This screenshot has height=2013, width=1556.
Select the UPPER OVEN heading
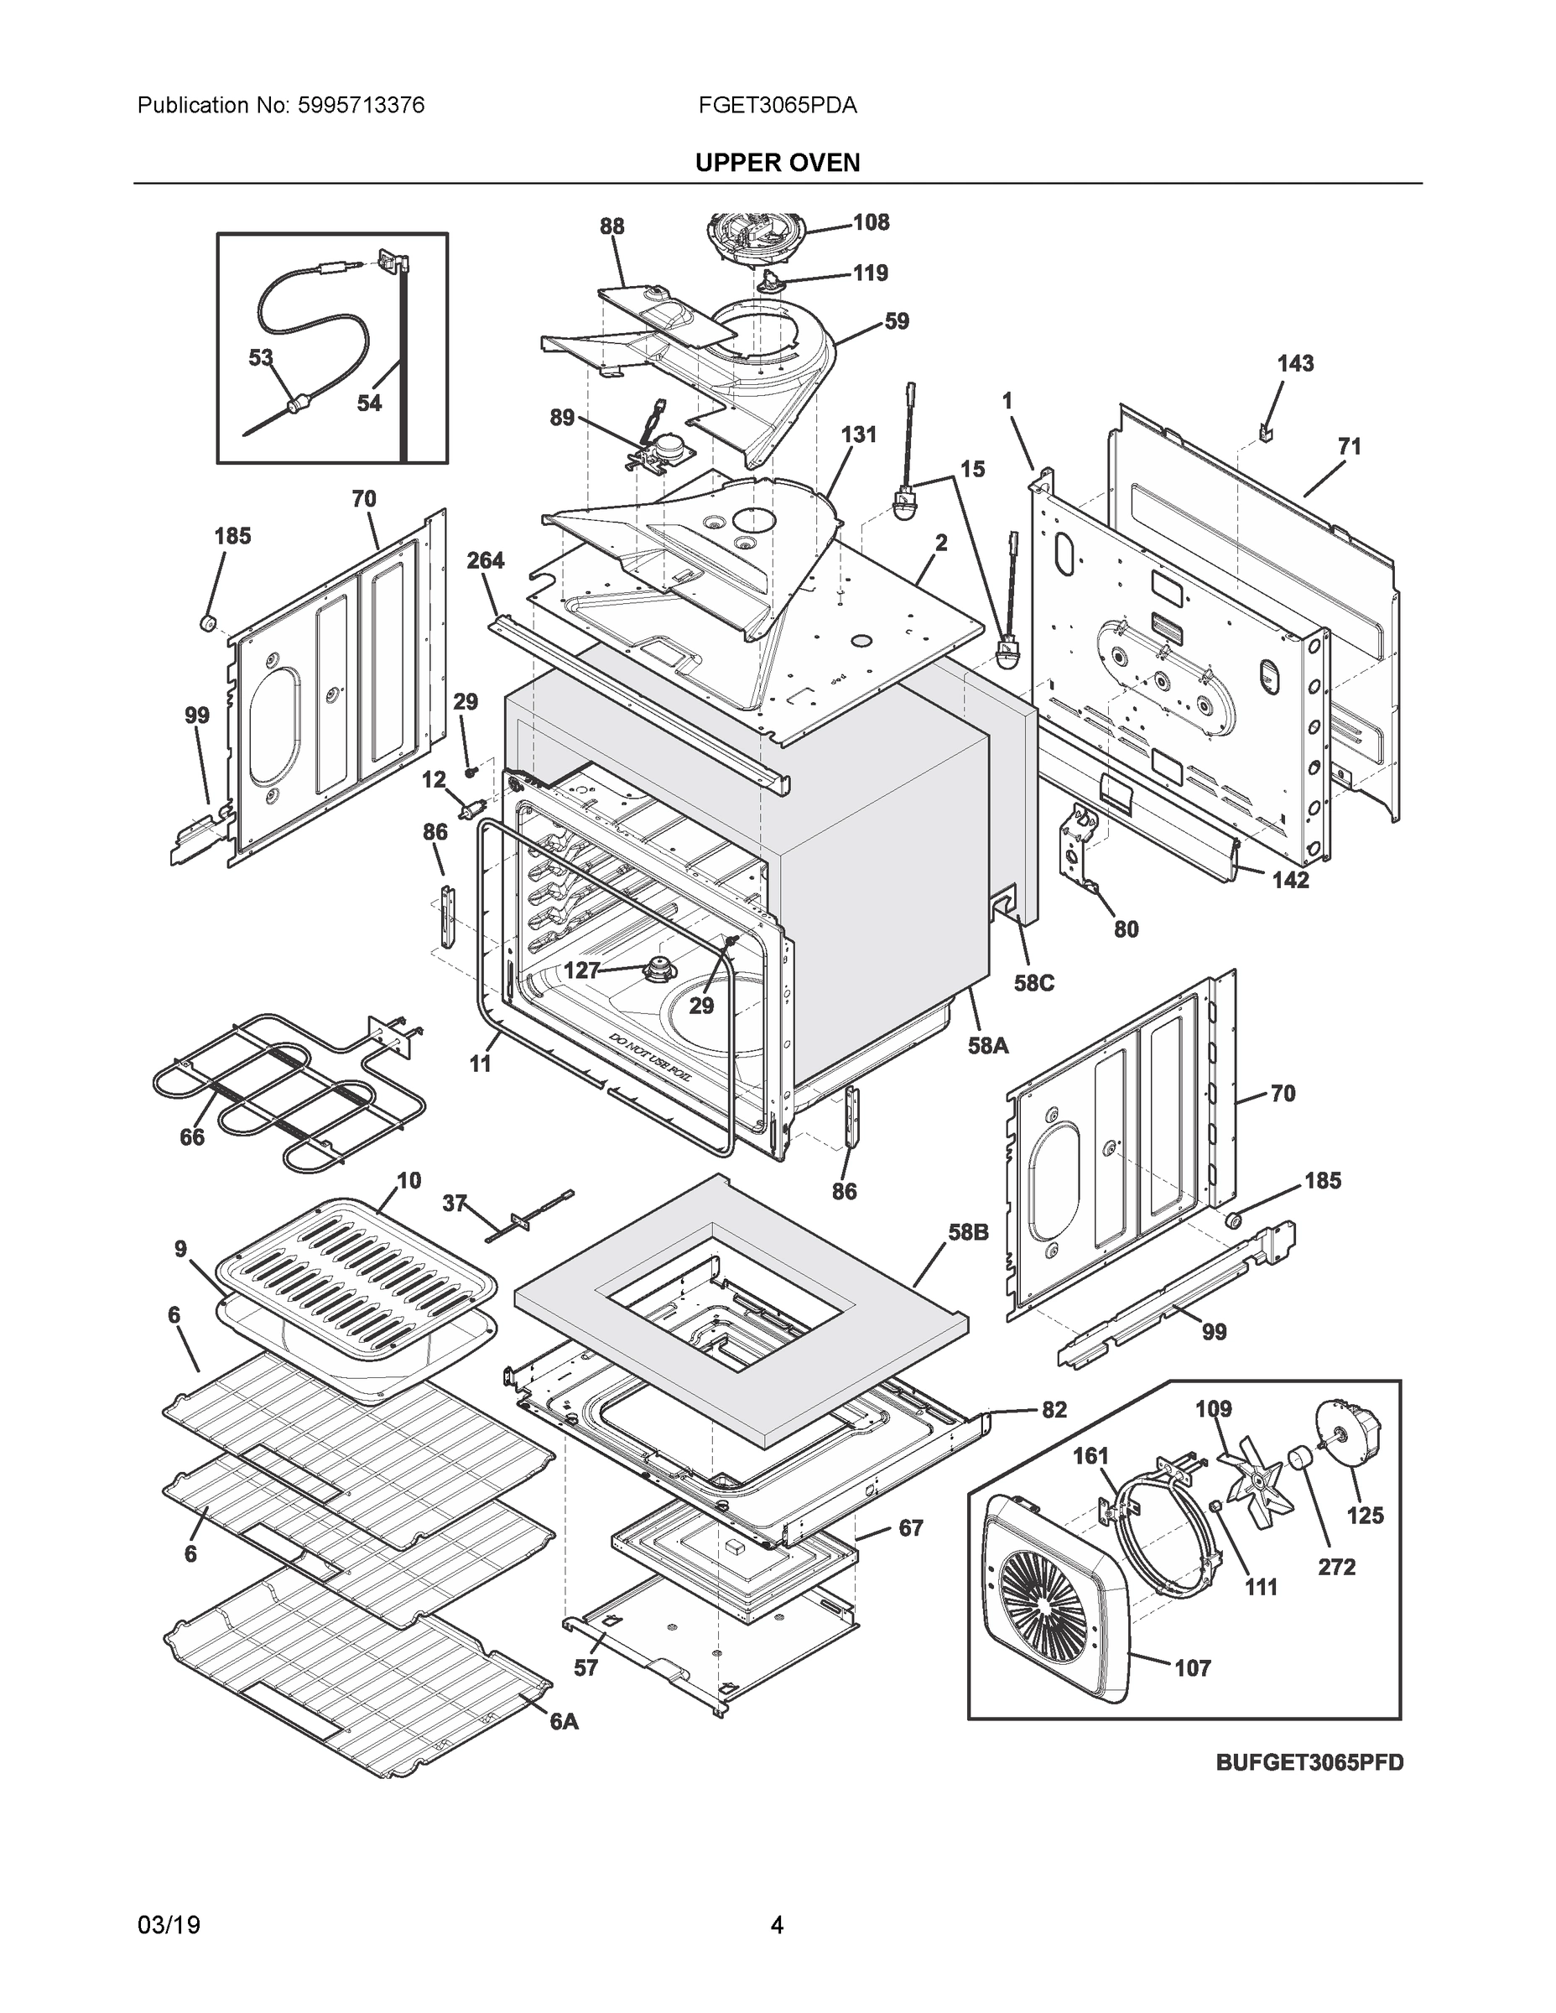point(777,164)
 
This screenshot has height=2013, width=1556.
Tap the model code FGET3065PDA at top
point(777,106)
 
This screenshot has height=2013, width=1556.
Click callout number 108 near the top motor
point(870,222)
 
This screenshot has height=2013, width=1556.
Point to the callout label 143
point(1294,364)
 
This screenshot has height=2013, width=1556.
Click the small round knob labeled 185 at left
point(208,624)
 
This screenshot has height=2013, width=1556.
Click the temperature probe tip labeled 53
point(297,403)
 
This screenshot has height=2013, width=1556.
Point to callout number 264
point(485,560)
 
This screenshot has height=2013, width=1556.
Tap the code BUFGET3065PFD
point(1309,1762)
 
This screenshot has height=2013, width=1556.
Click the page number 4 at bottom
point(777,1926)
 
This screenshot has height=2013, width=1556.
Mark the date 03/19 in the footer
point(169,1926)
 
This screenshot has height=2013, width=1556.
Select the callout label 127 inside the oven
point(581,970)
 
